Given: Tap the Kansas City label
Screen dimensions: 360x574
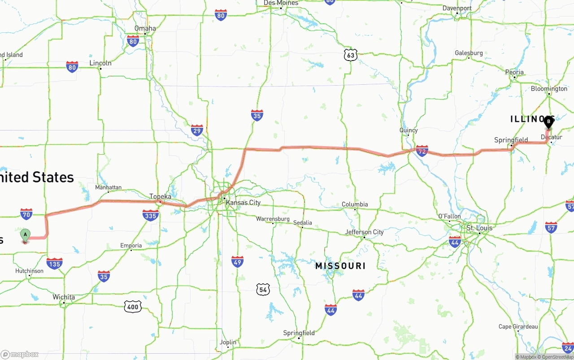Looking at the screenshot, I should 243,203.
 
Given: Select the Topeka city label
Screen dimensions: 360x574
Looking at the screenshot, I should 160,196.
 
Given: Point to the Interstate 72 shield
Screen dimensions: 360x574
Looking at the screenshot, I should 422,150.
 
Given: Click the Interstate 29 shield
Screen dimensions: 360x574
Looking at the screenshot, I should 197,130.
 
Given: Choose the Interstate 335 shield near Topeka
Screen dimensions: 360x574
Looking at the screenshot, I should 151,216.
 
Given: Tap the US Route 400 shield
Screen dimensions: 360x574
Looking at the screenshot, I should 133,307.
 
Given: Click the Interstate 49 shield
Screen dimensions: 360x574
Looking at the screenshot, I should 238,261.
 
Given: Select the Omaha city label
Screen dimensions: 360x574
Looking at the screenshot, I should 145,28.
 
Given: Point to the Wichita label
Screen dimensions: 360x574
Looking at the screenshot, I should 64,297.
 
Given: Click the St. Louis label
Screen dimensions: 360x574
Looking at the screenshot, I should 479,228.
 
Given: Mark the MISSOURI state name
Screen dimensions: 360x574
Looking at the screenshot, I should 340,266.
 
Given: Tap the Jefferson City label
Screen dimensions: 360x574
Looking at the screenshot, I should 365,232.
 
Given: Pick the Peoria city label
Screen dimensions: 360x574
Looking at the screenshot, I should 514,72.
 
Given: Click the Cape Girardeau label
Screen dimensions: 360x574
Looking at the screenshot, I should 518,326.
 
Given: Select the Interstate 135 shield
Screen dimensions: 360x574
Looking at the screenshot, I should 54,263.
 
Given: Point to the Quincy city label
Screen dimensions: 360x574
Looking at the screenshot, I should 409,130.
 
